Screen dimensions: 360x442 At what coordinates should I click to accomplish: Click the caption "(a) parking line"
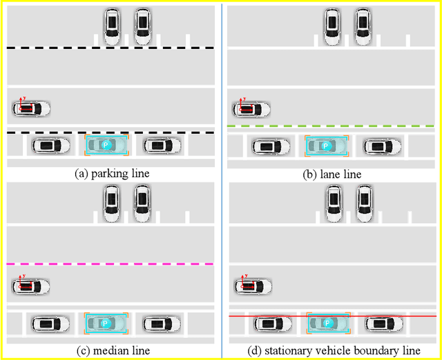coord(111,173)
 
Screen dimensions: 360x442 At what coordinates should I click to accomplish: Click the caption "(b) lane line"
coord(332,174)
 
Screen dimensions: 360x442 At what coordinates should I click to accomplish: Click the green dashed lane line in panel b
coord(331,127)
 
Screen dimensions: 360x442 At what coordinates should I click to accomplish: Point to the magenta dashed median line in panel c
coord(110,264)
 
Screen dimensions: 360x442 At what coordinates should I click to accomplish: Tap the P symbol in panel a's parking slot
coord(106,145)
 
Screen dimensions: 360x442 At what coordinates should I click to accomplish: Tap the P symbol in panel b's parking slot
coord(327,146)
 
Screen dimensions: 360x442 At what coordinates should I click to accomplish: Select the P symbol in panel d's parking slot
coord(327,323)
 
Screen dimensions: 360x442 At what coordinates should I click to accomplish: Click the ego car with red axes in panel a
coord(31,108)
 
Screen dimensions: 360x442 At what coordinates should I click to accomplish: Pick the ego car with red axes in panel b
coord(251,108)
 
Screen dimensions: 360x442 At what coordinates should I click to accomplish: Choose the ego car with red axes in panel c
coord(31,285)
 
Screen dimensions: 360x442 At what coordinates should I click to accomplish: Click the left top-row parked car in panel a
coord(112,26)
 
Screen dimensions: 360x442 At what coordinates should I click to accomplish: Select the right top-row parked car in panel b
coord(363,26)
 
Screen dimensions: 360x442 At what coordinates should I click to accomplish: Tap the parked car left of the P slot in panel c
coord(51,323)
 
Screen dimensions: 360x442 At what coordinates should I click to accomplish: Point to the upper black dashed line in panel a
coord(110,48)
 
